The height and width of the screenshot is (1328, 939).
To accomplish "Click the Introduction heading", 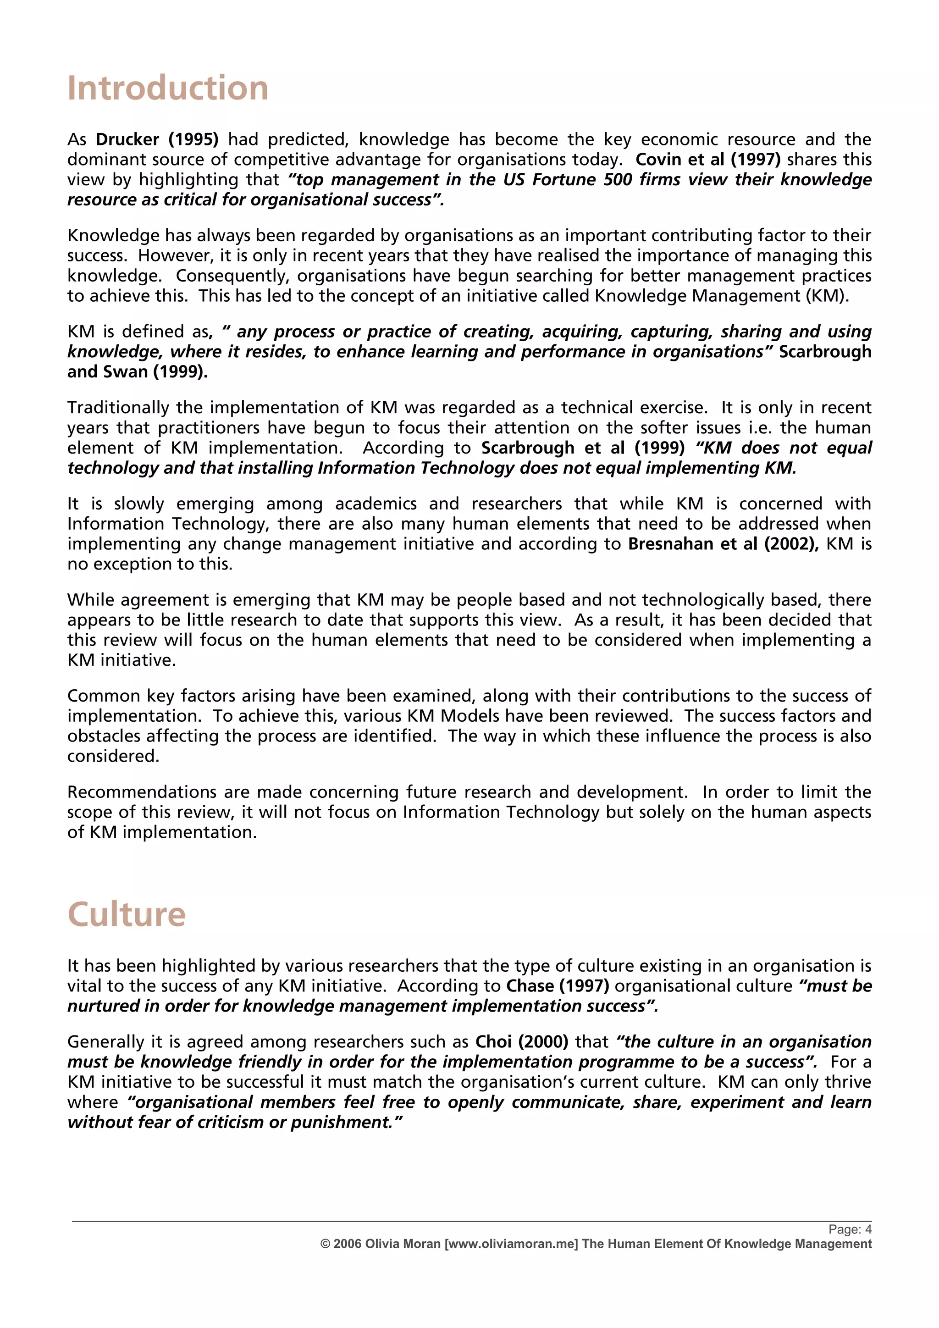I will tap(168, 89).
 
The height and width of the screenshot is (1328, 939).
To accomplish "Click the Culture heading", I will tap(126, 914).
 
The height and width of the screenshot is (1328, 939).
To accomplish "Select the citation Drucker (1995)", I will tap(157, 139).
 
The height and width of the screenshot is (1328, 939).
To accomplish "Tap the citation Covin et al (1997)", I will tap(708, 160).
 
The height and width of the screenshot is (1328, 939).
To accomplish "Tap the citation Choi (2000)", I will tap(521, 1042).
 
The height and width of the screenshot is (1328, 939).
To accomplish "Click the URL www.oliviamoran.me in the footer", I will tap(511, 1244).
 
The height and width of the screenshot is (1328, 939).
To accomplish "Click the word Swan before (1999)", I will tap(126, 372).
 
